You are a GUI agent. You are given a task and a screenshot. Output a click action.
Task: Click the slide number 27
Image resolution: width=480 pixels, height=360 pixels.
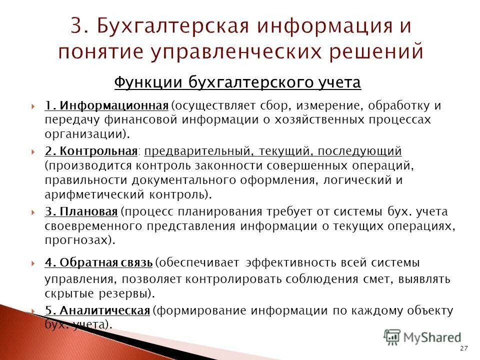463,348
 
